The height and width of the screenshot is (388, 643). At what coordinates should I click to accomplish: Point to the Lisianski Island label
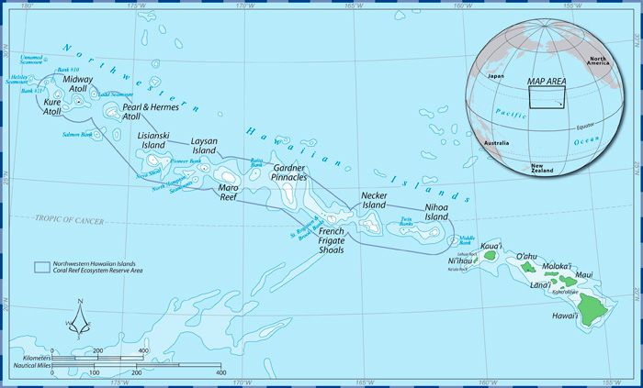pyautogui.click(x=152, y=140)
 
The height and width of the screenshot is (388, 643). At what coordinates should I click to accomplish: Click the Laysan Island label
pyautogui.click(x=203, y=146)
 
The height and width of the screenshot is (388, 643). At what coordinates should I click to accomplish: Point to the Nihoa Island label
pyautogui.click(x=436, y=212)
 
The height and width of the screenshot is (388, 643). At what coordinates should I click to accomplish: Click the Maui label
pyautogui.click(x=584, y=274)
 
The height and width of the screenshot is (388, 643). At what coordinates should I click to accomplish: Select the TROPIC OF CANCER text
pyautogui.click(x=71, y=218)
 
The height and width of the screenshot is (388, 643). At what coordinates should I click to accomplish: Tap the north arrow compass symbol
pyautogui.click(x=79, y=319)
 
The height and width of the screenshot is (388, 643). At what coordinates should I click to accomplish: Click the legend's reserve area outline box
pyautogui.click(x=40, y=268)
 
